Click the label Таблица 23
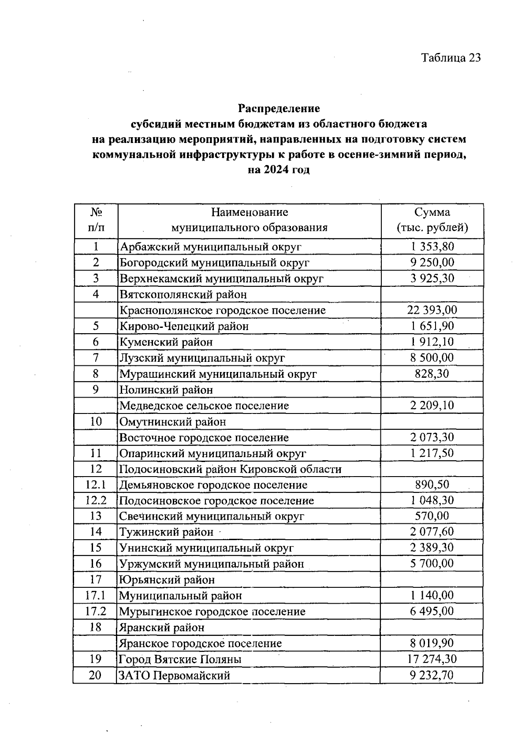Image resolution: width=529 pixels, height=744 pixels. click(x=451, y=58)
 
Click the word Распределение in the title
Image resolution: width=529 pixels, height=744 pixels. click(x=279, y=108)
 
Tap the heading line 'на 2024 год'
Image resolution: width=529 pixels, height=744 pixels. click(x=279, y=170)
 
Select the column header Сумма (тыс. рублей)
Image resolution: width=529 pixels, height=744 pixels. click(x=432, y=220)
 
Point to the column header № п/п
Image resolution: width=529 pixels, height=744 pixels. click(x=96, y=220)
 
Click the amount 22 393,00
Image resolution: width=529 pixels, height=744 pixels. click(x=432, y=310)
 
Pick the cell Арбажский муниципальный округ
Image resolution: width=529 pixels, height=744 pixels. click(x=211, y=247)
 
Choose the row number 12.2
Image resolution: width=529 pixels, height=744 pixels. click(x=96, y=500)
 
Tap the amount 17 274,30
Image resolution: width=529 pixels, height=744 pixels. click(x=432, y=659)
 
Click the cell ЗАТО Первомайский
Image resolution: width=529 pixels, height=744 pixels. click(x=175, y=675)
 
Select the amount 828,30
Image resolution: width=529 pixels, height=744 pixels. click(x=432, y=374)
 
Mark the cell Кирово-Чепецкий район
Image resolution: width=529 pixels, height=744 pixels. click(x=184, y=326)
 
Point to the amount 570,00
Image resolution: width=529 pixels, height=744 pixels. click(x=432, y=516)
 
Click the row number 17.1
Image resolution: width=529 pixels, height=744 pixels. click(x=96, y=595)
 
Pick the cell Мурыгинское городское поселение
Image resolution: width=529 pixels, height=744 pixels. click(x=212, y=612)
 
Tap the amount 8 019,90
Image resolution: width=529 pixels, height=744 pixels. click(x=432, y=643)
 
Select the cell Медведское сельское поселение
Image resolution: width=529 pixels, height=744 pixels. click(x=204, y=406)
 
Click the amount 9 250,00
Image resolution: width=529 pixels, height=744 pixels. click(x=432, y=263)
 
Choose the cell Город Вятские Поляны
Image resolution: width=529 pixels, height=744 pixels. click(x=180, y=660)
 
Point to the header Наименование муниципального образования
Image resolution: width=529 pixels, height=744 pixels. click(x=250, y=220)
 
